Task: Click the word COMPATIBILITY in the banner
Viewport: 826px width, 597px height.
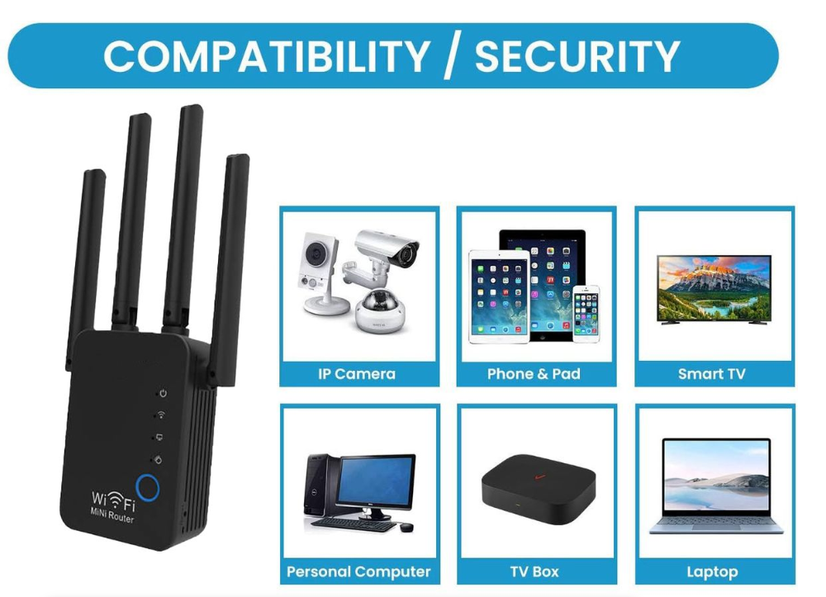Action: (266, 56)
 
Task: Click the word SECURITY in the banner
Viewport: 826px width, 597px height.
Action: (577, 56)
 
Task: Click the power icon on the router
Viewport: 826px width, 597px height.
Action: (163, 394)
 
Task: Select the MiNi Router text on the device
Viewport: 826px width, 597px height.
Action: (113, 518)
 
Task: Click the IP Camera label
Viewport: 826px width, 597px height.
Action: (357, 374)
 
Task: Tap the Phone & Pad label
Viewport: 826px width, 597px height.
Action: (534, 374)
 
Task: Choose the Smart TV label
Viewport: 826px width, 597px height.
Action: (711, 374)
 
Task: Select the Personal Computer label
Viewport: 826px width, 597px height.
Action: (358, 571)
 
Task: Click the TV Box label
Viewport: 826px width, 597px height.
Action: (534, 571)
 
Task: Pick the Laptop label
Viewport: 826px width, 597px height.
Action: (711, 571)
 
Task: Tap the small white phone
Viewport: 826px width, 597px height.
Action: (586, 311)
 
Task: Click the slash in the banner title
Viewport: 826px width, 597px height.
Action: (451, 56)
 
